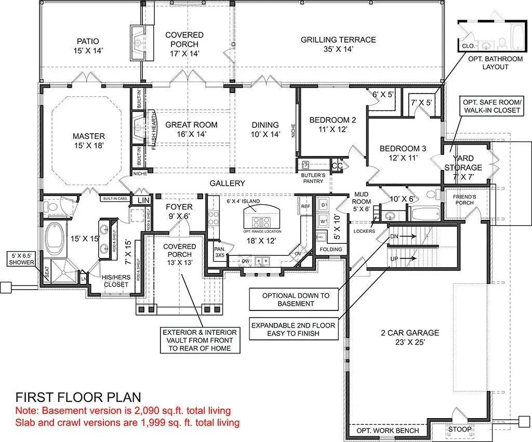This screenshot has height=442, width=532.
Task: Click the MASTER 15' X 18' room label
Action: tap(89, 141)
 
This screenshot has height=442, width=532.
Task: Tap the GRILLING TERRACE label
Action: tap(338, 44)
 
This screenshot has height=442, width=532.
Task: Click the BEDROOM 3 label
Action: tap(403, 153)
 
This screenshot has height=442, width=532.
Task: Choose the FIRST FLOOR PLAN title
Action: tap(78, 397)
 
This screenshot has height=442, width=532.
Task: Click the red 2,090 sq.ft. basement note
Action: tap(123, 411)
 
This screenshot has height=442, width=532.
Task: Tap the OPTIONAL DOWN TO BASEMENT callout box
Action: tap(296, 300)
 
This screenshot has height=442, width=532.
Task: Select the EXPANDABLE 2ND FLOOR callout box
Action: tap(293, 329)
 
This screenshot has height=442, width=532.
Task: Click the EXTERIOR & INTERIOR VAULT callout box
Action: tap(199, 340)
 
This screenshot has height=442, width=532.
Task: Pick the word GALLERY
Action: tap(227, 184)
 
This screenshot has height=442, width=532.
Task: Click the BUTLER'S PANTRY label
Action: tap(314, 178)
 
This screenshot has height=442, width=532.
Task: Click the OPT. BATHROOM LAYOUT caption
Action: tap(495, 63)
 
